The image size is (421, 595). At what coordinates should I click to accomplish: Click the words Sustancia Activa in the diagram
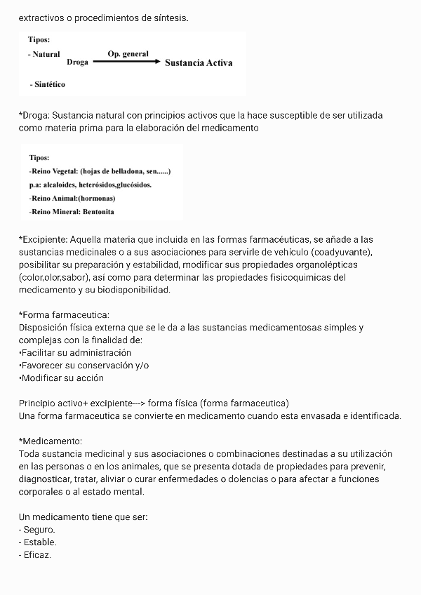point(199,62)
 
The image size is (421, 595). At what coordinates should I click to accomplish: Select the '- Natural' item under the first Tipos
point(44,54)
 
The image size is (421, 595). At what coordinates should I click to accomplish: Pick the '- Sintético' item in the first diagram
point(48,84)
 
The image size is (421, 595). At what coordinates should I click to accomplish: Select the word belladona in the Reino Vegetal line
point(130,171)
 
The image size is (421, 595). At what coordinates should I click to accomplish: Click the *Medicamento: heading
point(51,441)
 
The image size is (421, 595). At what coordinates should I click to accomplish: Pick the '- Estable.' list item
point(38,542)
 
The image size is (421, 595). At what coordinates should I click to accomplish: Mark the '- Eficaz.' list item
point(35,555)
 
